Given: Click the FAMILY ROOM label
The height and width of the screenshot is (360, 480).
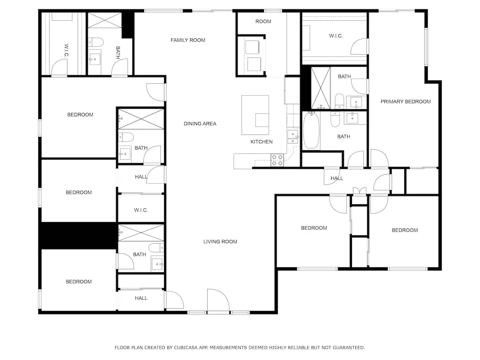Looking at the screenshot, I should pos(188,40).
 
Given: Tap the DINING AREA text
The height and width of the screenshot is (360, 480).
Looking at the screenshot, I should pos(200,124).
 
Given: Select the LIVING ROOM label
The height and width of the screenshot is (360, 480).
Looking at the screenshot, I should pos(220,242).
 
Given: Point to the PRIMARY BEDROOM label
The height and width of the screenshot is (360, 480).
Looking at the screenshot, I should pos(405,102).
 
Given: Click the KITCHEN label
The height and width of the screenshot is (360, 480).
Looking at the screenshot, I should pos(262,142).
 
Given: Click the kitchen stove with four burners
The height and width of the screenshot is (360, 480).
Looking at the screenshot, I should pos(277,160).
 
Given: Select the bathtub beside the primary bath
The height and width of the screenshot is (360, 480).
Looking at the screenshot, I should pos(311,131).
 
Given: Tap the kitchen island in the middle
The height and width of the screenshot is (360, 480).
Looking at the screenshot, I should pos(255,115).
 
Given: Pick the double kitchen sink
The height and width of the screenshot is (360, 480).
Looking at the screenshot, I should pos(293,136).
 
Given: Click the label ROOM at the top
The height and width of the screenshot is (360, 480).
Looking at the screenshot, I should pos(263,21).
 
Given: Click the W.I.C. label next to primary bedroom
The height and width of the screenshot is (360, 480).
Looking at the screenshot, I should pos(336,36).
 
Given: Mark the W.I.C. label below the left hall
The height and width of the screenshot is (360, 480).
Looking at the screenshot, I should pos(141,210).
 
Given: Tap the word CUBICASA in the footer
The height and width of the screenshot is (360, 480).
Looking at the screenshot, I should pos(185,348).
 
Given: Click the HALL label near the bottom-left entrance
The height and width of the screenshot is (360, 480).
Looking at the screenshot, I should pos(141,298).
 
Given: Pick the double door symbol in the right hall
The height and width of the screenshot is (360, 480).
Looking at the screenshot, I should pos(360,190).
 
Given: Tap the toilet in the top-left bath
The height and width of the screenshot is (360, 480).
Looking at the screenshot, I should pos(96,41).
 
